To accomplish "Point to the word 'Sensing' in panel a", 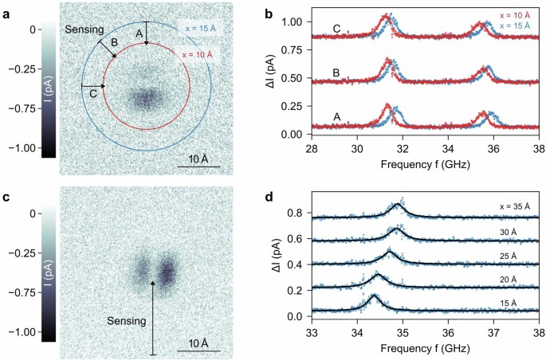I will point(84,27).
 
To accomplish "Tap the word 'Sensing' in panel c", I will point(128,321).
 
